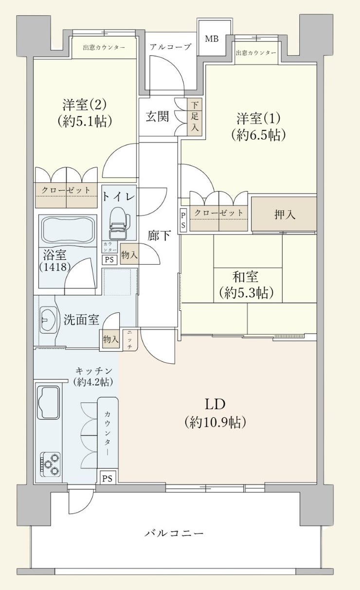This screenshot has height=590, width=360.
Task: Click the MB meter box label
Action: pyautogui.click(x=212, y=39)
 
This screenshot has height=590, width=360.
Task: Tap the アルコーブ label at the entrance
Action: pyautogui.click(x=170, y=47)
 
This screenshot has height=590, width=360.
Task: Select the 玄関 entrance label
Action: pyautogui.click(x=158, y=116)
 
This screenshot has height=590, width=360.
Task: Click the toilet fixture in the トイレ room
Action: pyautogui.click(x=120, y=223)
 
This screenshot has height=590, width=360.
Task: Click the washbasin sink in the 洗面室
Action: pyautogui.click(x=48, y=320)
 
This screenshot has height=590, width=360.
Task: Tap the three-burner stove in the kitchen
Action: pyautogui.click(x=50, y=464)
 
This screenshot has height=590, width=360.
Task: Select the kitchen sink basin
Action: pyautogui.click(x=49, y=402)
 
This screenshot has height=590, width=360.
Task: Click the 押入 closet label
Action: pyautogui.click(x=285, y=215)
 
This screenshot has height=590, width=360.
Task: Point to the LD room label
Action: pyautogui.click(x=215, y=404)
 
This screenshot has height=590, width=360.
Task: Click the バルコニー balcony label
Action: pyautogui.click(x=174, y=534)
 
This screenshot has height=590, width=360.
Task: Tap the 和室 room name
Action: pyautogui.click(x=245, y=276)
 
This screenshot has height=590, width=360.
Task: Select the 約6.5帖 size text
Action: pyautogui.click(x=258, y=135)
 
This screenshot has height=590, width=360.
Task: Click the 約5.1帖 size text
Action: pyautogui.click(x=85, y=122)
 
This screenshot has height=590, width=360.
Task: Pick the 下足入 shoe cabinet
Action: pyautogui.click(x=195, y=117)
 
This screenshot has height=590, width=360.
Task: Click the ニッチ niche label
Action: pyautogui.click(x=129, y=340)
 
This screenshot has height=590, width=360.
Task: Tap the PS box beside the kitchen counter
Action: pyautogui.click(x=107, y=478)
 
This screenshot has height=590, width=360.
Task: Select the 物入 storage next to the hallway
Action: pyautogui.click(x=129, y=254)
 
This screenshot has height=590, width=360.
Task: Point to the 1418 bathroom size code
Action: pyautogui.click(x=55, y=267)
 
